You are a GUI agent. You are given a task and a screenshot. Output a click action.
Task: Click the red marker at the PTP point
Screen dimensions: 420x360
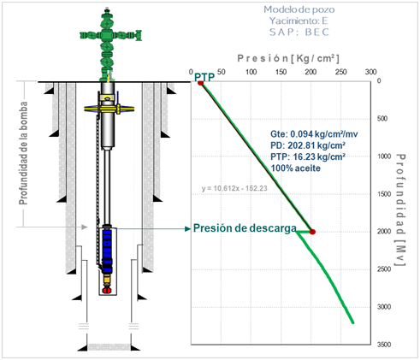click(x=200, y=83)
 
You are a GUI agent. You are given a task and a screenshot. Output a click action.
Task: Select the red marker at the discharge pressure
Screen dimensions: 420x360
click(x=312, y=232)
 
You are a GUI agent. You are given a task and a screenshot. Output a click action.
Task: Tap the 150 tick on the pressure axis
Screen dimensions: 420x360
click(x=281, y=72)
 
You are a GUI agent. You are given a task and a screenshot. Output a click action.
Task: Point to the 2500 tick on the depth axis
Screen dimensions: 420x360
click(x=384, y=269)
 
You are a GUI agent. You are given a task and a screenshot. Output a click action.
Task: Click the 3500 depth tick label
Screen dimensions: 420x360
click(x=384, y=345)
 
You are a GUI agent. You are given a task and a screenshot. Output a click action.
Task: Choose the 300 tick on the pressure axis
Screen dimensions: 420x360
click(x=370, y=72)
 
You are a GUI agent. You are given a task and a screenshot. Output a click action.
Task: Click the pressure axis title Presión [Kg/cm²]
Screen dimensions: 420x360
click(x=288, y=58)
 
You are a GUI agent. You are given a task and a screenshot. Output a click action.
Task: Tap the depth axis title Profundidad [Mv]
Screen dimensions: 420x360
click(x=400, y=210)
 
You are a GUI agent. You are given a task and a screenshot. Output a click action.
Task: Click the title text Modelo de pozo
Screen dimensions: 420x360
click(x=299, y=9)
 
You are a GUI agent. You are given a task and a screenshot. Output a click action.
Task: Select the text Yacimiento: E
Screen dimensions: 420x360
click(x=299, y=21)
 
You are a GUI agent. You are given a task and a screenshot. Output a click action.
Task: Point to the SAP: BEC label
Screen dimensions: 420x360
click(x=299, y=32)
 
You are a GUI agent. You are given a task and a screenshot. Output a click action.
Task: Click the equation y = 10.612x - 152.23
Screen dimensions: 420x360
click(x=234, y=188)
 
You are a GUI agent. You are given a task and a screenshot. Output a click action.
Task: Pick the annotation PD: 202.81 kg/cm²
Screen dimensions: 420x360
click(x=308, y=145)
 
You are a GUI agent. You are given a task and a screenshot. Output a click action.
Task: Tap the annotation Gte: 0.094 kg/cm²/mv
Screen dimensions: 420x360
click(x=314, y=134)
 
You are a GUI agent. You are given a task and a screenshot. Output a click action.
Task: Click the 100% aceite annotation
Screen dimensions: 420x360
click(x=295, y=168)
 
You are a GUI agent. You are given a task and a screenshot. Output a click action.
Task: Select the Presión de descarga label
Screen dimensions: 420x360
click(x=245, y=228)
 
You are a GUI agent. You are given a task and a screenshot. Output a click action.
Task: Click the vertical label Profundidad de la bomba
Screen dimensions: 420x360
click(x=23, y=153)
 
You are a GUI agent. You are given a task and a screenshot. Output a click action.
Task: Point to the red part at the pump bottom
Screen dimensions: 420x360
click(x=107, y=290)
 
